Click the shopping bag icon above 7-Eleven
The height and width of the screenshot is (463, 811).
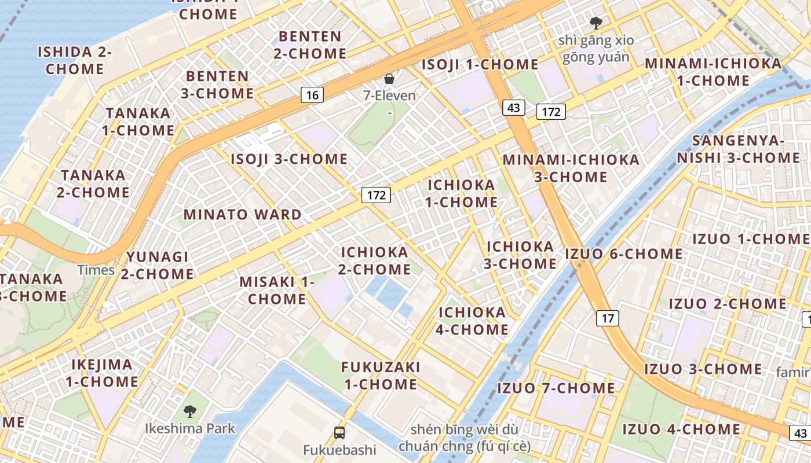(389, 79)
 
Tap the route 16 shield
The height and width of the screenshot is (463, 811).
(312, 95)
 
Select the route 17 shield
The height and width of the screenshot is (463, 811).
(607, 318)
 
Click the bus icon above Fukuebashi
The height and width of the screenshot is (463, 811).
(339, 432)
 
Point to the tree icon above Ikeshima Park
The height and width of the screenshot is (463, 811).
(189, 411)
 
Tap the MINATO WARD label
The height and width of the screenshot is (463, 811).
(243, 215)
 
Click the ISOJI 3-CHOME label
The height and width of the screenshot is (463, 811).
(289, 159)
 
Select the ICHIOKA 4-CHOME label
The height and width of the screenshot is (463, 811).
(473, 321)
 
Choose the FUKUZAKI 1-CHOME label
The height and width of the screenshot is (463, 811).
(380, 376)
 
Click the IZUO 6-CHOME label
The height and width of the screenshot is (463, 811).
(624, 254)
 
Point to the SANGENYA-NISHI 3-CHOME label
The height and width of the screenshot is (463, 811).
(738, 149)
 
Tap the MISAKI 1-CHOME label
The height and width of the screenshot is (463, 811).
(277, 291)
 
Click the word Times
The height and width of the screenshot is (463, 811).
(96, 270)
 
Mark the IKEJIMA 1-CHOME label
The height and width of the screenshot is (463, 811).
(102, 373)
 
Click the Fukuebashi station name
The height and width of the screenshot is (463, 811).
(339, 450)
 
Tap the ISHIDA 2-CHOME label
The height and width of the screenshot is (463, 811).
(75, 60)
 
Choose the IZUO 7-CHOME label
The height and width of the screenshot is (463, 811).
(556, 388)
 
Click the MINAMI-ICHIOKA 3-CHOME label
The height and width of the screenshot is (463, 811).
(571, 168)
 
